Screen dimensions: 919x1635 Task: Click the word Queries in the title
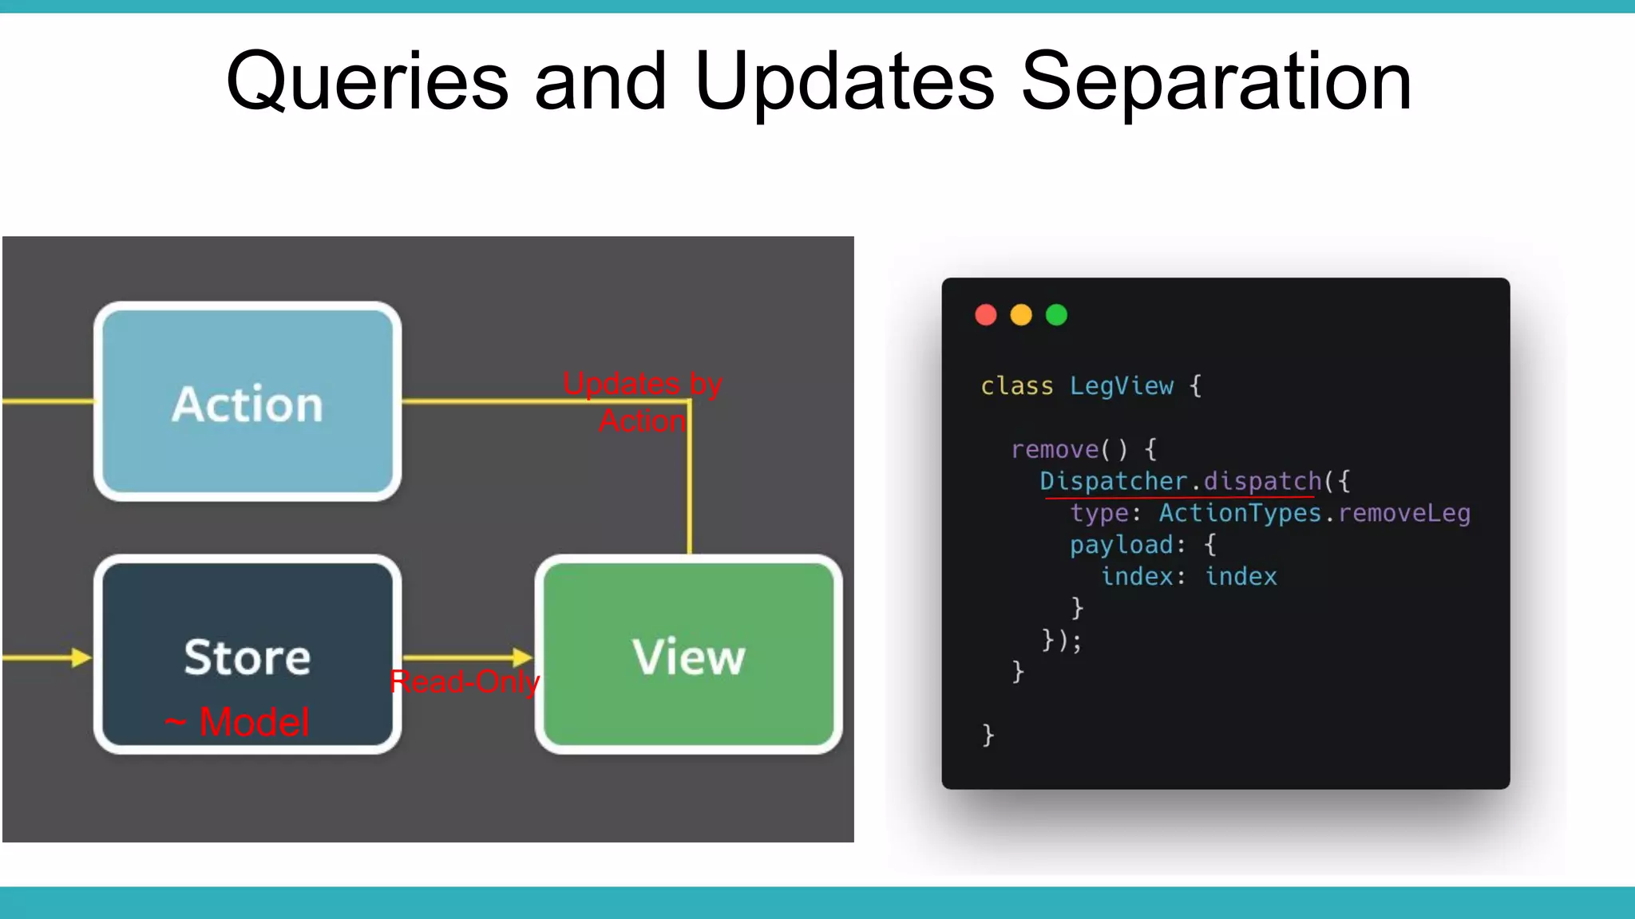[x=367, y=82]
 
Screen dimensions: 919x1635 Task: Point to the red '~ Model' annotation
[x=238, y=722]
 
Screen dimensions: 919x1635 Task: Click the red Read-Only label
[x=465, y=682]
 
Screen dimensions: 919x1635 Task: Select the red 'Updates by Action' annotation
[x=643, y=402]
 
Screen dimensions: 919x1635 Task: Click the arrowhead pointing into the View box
[x=523, y=657]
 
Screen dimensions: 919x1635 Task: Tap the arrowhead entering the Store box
[x=81, y=657]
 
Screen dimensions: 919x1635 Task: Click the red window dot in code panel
[x=986, y=315]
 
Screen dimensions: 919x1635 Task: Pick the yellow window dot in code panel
[x=1021, y=315]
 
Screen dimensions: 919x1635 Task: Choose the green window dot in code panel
[x=1056, y=315]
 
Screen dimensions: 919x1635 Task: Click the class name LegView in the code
[x=1122, y=386]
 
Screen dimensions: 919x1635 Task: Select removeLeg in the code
[x=1404, y=513]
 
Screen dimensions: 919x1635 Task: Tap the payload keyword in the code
[x=1122, y=545]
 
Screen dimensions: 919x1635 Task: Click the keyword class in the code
[x=1017, y=386]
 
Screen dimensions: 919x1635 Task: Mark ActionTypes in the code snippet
[x=1240, y=513]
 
